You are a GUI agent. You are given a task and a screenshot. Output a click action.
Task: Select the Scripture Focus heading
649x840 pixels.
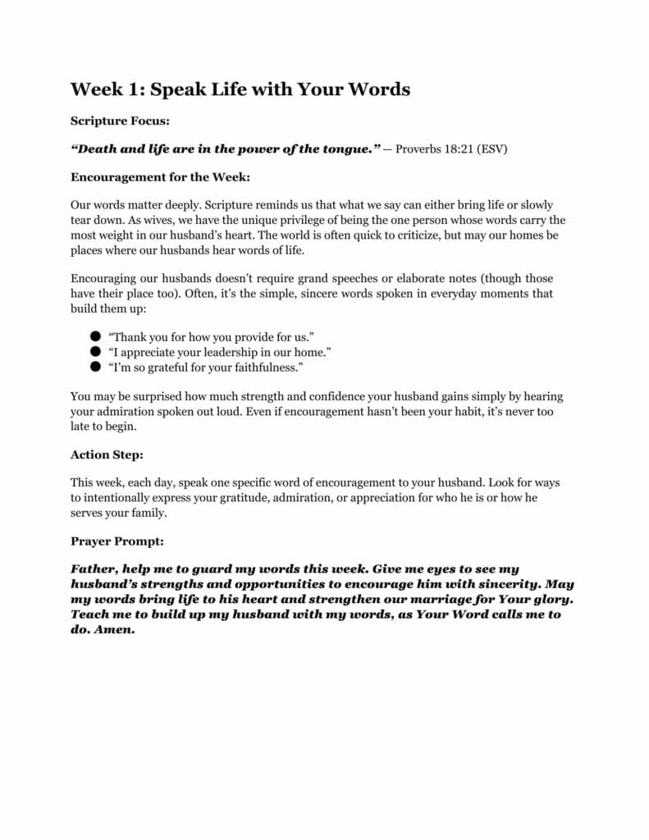point(120,121)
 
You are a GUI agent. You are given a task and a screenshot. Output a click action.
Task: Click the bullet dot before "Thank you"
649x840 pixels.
point(95,336)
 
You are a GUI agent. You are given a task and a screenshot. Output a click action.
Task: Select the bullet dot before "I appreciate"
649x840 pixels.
point(95,351)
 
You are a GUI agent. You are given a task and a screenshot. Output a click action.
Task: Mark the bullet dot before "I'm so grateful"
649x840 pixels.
point(95,366)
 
